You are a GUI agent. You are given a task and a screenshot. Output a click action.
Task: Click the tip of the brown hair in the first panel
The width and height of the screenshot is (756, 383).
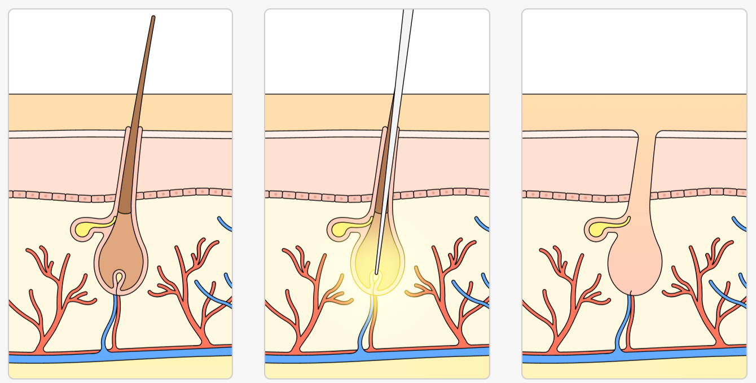153,18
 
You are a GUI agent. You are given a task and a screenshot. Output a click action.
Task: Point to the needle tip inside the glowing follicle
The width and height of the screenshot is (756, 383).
376,272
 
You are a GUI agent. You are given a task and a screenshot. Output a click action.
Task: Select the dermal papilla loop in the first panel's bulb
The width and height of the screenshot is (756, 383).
119,278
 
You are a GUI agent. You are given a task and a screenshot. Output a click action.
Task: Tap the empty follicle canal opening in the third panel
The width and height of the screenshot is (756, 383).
647,135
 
